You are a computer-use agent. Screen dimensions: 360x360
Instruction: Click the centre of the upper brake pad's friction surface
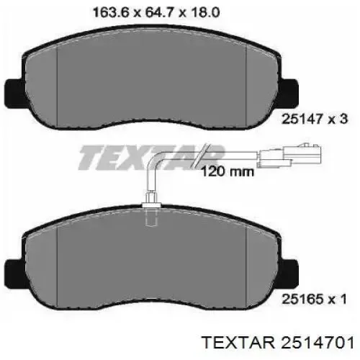click(x=151, y=83)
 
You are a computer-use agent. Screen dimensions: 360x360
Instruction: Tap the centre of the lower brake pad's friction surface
click(x=151, y=263)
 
